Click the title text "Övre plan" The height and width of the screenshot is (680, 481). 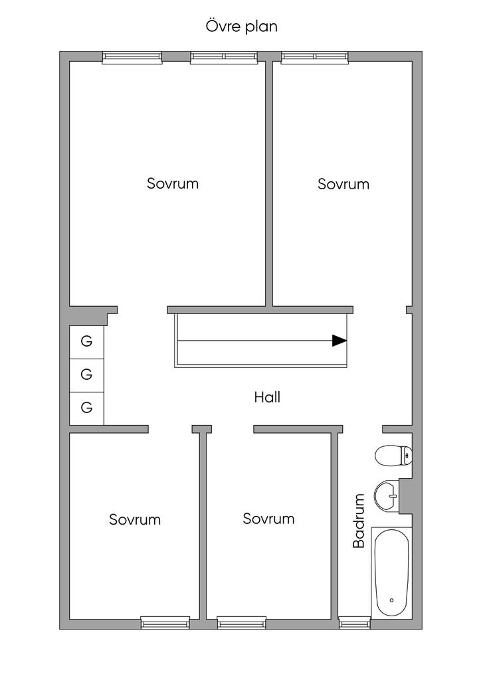pos(241,27)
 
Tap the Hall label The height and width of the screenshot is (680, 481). pos(267,397)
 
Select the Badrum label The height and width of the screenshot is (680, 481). pos(359,521)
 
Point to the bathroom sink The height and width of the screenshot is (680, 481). pos(387,495)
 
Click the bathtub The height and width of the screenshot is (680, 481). pos(392,572)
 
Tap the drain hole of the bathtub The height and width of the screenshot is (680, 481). pos(392,600)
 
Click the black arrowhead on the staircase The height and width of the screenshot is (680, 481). pos(339,341)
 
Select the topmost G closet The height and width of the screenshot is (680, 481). pos(87,342)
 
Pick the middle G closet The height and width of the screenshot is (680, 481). pos(87,375)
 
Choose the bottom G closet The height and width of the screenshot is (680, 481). pos(87,408)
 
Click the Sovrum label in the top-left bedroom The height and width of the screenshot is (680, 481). pos(173,183)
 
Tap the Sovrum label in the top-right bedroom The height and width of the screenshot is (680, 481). pos(343,184)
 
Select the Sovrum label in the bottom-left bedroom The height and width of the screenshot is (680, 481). pos(135,519)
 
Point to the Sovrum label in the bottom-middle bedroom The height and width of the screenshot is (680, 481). pos(268,518)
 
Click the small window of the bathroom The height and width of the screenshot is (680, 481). pos(355,623)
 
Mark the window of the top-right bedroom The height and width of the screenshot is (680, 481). pos(314,57)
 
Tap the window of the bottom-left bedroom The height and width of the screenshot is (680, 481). pos(165,623)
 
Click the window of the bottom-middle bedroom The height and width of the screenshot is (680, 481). pos(242,623)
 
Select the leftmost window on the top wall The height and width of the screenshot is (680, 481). pos(132,57)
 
